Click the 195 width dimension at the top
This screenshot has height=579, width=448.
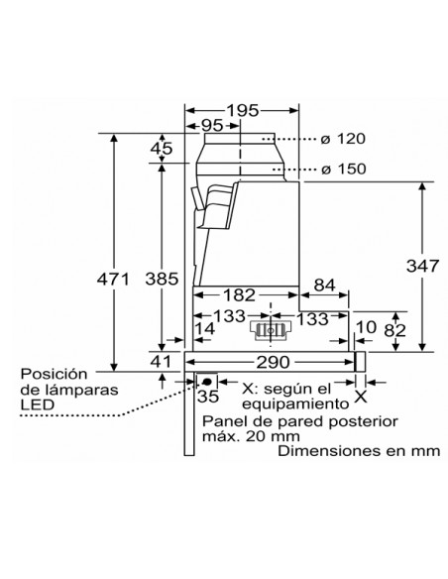[243, 110]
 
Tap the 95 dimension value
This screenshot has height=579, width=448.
[212, 126]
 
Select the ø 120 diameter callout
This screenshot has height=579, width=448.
[343, 139]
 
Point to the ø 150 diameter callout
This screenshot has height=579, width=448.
[344, 170]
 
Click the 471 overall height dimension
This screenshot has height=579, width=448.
[113, 280]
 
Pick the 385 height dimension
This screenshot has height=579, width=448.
[162, 279]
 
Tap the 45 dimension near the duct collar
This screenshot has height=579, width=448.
[162, 149]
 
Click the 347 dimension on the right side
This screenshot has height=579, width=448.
[423, 266]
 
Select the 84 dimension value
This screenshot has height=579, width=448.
[325, 286]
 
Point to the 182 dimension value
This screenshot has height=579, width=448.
[239, 295]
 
